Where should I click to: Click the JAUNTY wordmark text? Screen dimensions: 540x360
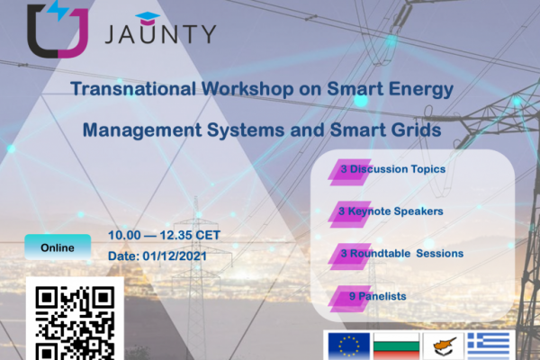(x=160, y=34)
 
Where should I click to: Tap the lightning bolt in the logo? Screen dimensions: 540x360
(x=58, y=10)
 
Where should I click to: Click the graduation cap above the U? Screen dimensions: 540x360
(x=148, y=18)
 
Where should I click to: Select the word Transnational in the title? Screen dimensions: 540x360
(x=133, y=88)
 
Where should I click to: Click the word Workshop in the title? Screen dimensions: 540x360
(x=247, y=89)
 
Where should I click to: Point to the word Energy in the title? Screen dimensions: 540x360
(x=421, y=90)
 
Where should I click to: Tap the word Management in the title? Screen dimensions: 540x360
(x=142, y=130)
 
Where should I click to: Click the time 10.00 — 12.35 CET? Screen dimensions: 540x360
(x=164, y=235)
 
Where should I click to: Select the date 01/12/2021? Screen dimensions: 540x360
(x=175, y=256)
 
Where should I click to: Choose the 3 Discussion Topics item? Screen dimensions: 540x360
(x=393, y=169)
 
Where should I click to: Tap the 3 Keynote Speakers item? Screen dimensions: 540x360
(x=391, y=211)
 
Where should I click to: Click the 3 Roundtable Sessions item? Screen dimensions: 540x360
(x=402, y=254)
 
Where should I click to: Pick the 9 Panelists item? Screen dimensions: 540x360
(x=378, y=296)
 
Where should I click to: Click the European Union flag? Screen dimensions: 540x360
(x=349, y=346)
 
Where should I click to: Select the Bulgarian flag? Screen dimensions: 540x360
(x=396, y=346)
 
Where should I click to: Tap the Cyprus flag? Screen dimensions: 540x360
(x=444, y=346)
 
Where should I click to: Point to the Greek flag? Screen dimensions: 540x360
(x=489, y=346)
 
